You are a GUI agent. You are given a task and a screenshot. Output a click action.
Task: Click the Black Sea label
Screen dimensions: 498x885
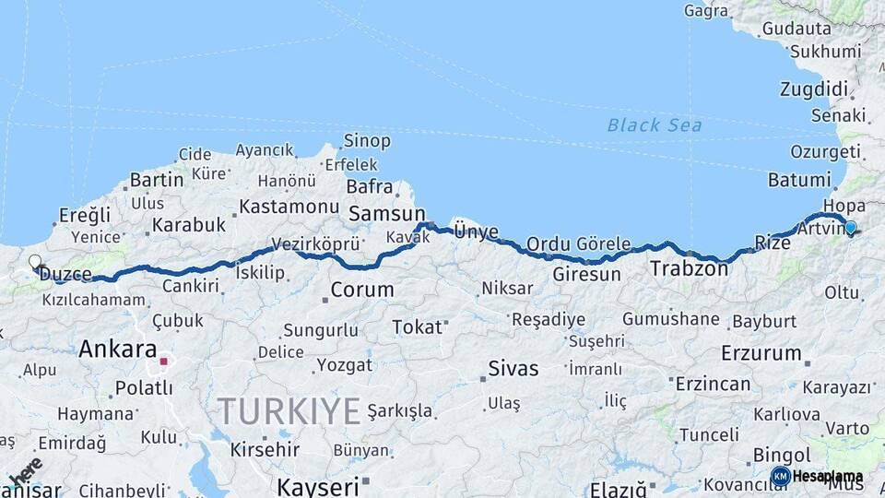pyautogui.click(x=655, y=125)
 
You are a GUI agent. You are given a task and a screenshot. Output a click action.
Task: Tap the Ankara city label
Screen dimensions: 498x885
pyautogui.click(x=117, y=350)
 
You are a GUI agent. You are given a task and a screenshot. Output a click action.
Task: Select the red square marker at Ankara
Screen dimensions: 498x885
pyautogui.click(x=164, y=362)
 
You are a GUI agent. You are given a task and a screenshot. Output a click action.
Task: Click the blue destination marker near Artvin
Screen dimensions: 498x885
pyautogui.click(x=850, y=227)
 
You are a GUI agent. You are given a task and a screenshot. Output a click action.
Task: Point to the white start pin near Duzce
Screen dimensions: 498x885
pyautogui.click(x=35, y=263)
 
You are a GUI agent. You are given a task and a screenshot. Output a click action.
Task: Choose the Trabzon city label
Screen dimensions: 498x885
pyautogui.click(x=689, y=269)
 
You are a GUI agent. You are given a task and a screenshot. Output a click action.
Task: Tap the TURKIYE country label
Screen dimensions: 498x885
pyautogui.click(x=288, y=410)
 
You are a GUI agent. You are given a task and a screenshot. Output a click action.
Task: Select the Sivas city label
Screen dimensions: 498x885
pyautogui.click(x=513, y=369)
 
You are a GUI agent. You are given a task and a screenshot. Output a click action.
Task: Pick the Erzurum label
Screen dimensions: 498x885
pyautogui.click(x=761, y=352)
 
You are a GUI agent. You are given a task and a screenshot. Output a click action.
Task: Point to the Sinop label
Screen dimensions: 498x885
pyautogui.click(x=367, y=141)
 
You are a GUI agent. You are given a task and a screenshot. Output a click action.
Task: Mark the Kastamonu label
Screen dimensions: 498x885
pyautogui.click(x=289, y=206)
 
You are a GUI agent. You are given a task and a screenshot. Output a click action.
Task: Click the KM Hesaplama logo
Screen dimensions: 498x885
pyautogui.click(x=818, y=476)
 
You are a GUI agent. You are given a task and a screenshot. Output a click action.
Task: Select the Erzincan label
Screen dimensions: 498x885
pyautogui.click(x=712, y=384)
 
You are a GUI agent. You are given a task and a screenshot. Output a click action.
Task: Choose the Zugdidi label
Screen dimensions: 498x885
pyautogui.click(x=813, y=89)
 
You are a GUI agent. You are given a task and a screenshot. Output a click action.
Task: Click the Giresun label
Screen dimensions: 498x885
pyautogui.click(x=586, y=275)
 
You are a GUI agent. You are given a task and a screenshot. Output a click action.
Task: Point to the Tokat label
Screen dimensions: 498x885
pyautogui.click(x=417, y=326)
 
